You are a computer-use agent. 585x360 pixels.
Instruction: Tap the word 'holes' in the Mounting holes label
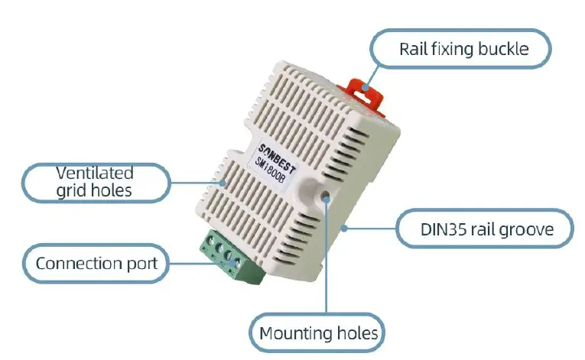(x=356, y=334)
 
